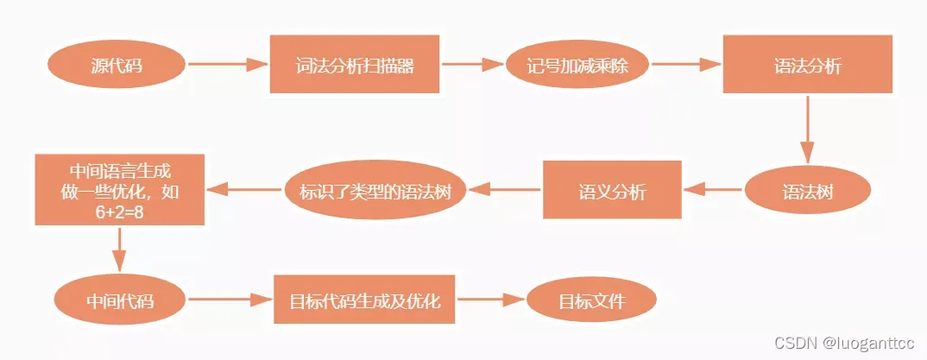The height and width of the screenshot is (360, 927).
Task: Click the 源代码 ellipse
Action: [x=117, y=66]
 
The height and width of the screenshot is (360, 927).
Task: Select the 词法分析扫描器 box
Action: [x=355, y=66]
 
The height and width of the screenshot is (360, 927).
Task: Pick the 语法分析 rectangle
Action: [x=806, y=66]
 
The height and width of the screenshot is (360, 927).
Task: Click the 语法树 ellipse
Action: [x=806, y=191]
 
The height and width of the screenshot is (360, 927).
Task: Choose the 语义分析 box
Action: [x=611, y=191]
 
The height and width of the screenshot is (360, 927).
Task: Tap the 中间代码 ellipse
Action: [x=120, y=301]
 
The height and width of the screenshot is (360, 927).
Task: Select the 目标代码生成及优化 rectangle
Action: [x=363, y=301]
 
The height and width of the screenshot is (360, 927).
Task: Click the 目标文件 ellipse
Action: [x=592, y=301]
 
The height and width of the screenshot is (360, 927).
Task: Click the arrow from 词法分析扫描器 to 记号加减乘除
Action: [x=473, y=64]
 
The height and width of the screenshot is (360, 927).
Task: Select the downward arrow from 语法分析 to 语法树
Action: [x=807, y=129]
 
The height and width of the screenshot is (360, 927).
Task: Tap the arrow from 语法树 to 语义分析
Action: [x=714, y=189]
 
